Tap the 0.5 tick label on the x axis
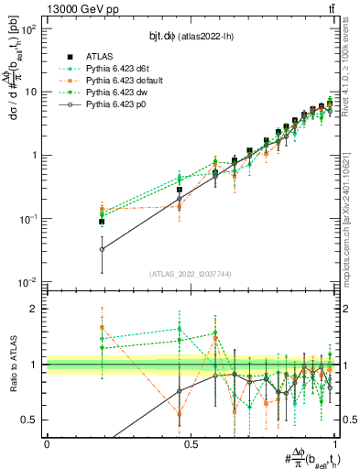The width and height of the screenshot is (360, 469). [191, 443]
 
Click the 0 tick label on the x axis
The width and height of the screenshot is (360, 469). [47, 443]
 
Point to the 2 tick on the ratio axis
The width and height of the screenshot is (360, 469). [36, 309]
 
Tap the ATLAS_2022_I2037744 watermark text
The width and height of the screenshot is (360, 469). [191, 274]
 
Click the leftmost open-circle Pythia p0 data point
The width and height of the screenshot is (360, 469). [102, 249]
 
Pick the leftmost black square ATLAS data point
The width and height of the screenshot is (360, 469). [102, 222]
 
